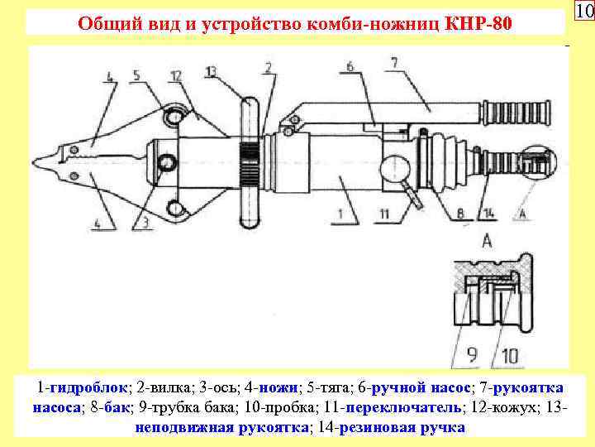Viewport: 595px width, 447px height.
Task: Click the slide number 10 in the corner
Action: point(583,12)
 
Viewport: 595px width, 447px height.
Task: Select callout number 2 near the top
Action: point(269,68)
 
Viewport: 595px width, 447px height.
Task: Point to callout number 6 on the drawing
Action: point(351,66)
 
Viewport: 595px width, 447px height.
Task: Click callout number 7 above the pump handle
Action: point(393,63)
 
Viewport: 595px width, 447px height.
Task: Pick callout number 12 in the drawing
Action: point(174,77)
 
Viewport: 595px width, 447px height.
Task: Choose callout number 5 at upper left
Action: point(138,77)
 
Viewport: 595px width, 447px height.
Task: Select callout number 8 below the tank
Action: point(459,214)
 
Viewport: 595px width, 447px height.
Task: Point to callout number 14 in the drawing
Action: point(490,214)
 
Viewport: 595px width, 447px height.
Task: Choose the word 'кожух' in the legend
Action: point(509,407)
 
